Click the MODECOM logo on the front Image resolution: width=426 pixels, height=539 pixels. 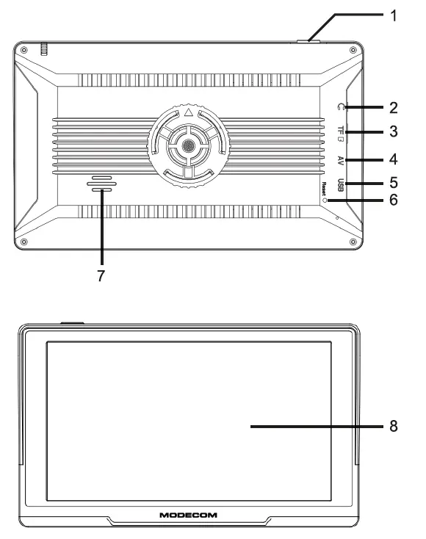(188, 514)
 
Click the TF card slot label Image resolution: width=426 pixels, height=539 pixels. (341, 133)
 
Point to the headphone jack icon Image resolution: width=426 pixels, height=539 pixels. (339, 108)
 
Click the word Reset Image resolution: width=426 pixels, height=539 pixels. (324, 189)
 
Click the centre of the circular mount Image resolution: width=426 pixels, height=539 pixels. (189, 146)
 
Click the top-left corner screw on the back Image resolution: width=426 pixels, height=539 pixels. (24, 50)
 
